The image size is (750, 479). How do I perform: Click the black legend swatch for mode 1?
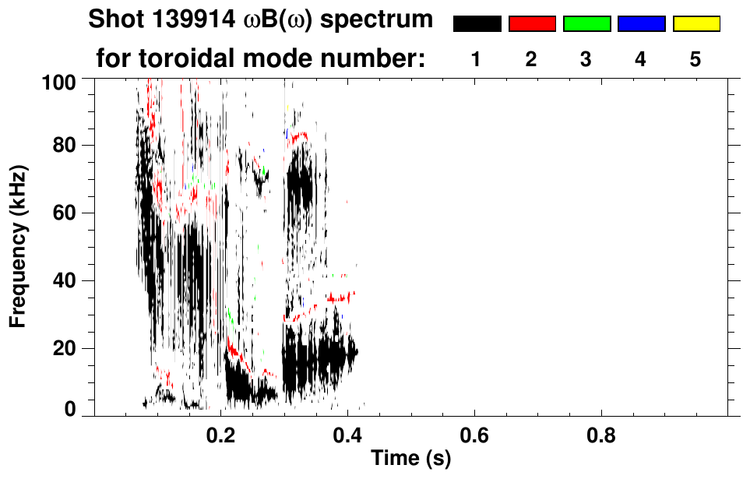(x=477, y=24)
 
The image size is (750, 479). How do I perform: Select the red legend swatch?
(x=532, y=24)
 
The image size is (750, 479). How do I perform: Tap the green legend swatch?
(x=586, y=24)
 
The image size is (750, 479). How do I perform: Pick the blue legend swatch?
(x=641, y=24)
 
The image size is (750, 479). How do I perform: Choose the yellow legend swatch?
(x=696, y=24)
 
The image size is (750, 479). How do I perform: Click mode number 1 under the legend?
(x=476, y=59)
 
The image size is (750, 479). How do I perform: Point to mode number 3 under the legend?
(x=586, y=59)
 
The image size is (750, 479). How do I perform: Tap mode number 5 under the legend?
(x=695, y=59)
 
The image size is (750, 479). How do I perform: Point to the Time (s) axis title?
(x=410, y=460)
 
